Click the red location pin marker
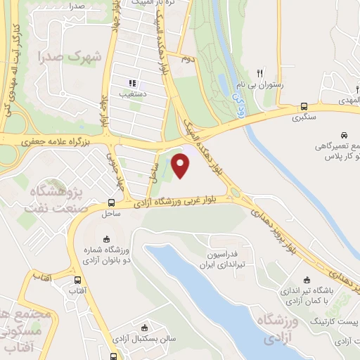(181, 166)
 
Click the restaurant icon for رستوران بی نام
(259, 73)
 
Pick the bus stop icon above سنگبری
(303, 105)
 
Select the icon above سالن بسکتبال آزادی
(145, 327)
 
